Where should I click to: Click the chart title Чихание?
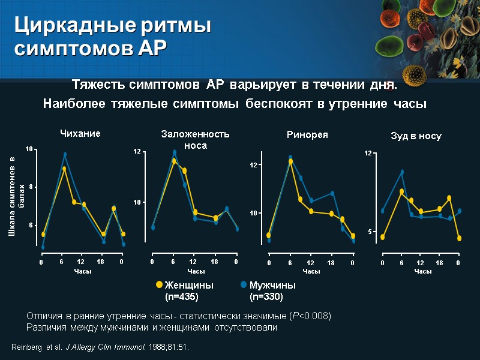(x=79, y=133)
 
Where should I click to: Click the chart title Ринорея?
(x=307, y=134)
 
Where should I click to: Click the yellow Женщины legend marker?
(x=159, y=285)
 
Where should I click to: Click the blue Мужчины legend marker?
(x=244, y=285)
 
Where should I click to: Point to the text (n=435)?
(x=182, y=296)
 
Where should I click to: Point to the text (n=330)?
(x=266, y=296)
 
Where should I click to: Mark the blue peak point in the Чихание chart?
(x=65, y=155)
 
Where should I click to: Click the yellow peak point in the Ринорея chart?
(x=290, y=161)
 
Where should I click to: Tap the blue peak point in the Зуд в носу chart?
(x=402, y=172)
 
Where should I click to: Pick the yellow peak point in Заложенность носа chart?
(x=174, y=161)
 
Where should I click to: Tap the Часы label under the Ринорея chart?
(x=311, y=272)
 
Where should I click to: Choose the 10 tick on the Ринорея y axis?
(x=253, y=213)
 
